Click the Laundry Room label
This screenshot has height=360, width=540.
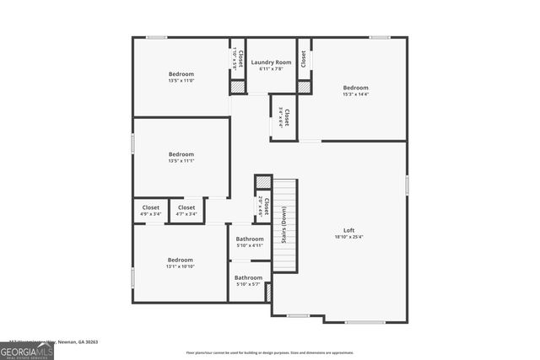pyautogui.click(x=271, y=62)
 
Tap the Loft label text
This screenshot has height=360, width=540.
pyautogui.click(x=348, y=230)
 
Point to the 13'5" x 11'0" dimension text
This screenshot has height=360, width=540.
pyautogui.click(x=181, y=81)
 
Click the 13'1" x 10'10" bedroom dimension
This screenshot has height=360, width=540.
pyautogui.click(x=181, y=266)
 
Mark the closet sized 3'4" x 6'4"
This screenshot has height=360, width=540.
pyautogui.click(x=285, y=117)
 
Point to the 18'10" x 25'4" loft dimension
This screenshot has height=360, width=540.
pyautogui.click(x=348, y=237)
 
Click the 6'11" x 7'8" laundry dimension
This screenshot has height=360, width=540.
pyautogui.click(x=271, y=69)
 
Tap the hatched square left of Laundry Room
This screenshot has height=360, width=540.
pyautogui.click(x=239, y=86)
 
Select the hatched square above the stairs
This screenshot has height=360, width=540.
pyautogui.click(x=263, y=182)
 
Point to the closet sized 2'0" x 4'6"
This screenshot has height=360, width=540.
pyautogui.click(x=262, y=207)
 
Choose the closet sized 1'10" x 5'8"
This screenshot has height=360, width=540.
pyautogui.click(x=238, y=59)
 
